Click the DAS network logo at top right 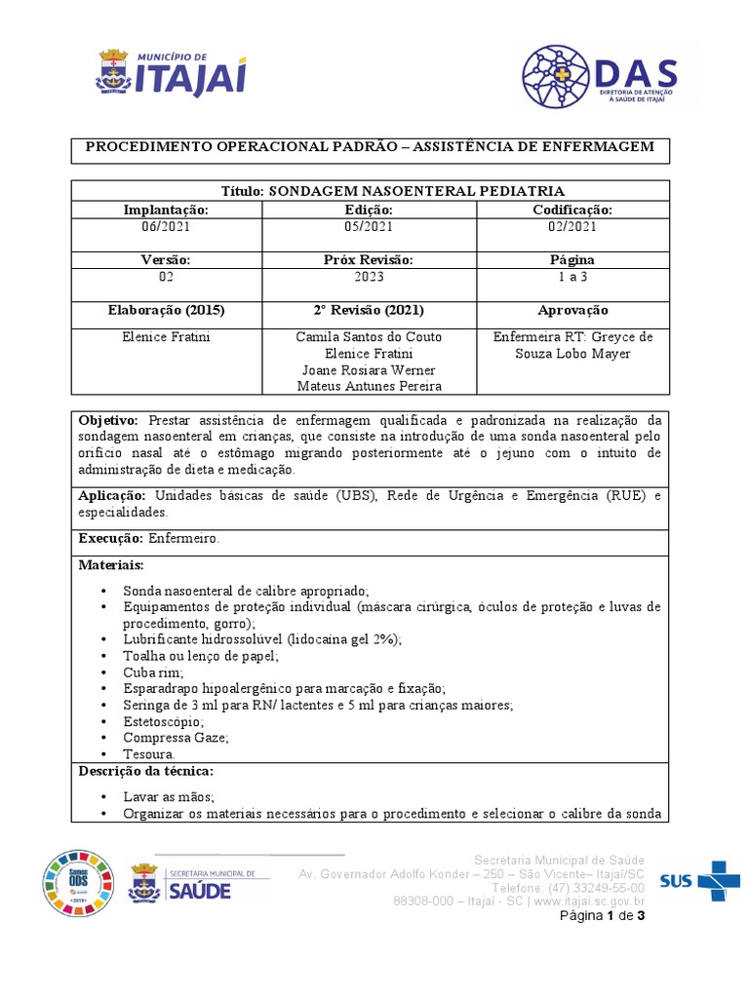[x=596, y=76]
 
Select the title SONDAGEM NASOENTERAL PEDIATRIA [x=370, y=191]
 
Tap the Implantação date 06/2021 [x=166, y=226]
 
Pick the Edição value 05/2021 [x=369, y=226]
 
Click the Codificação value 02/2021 [x=572, y=226]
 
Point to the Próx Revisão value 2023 [x=369, y=277]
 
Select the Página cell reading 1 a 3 [x=572, y=277]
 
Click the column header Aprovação [x=572, y=310]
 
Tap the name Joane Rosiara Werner [x=369, y=369]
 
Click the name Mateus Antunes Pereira [x=369, y=386]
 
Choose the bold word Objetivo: [x=109, y=418]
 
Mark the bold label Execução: [x=110, y=538]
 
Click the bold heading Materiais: [x=110, y=565]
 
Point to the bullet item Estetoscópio [x=163, y=722]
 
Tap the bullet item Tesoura [x=149, y=754]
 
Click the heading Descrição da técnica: [x=145, y=772]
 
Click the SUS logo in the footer [x=699, y=880]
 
